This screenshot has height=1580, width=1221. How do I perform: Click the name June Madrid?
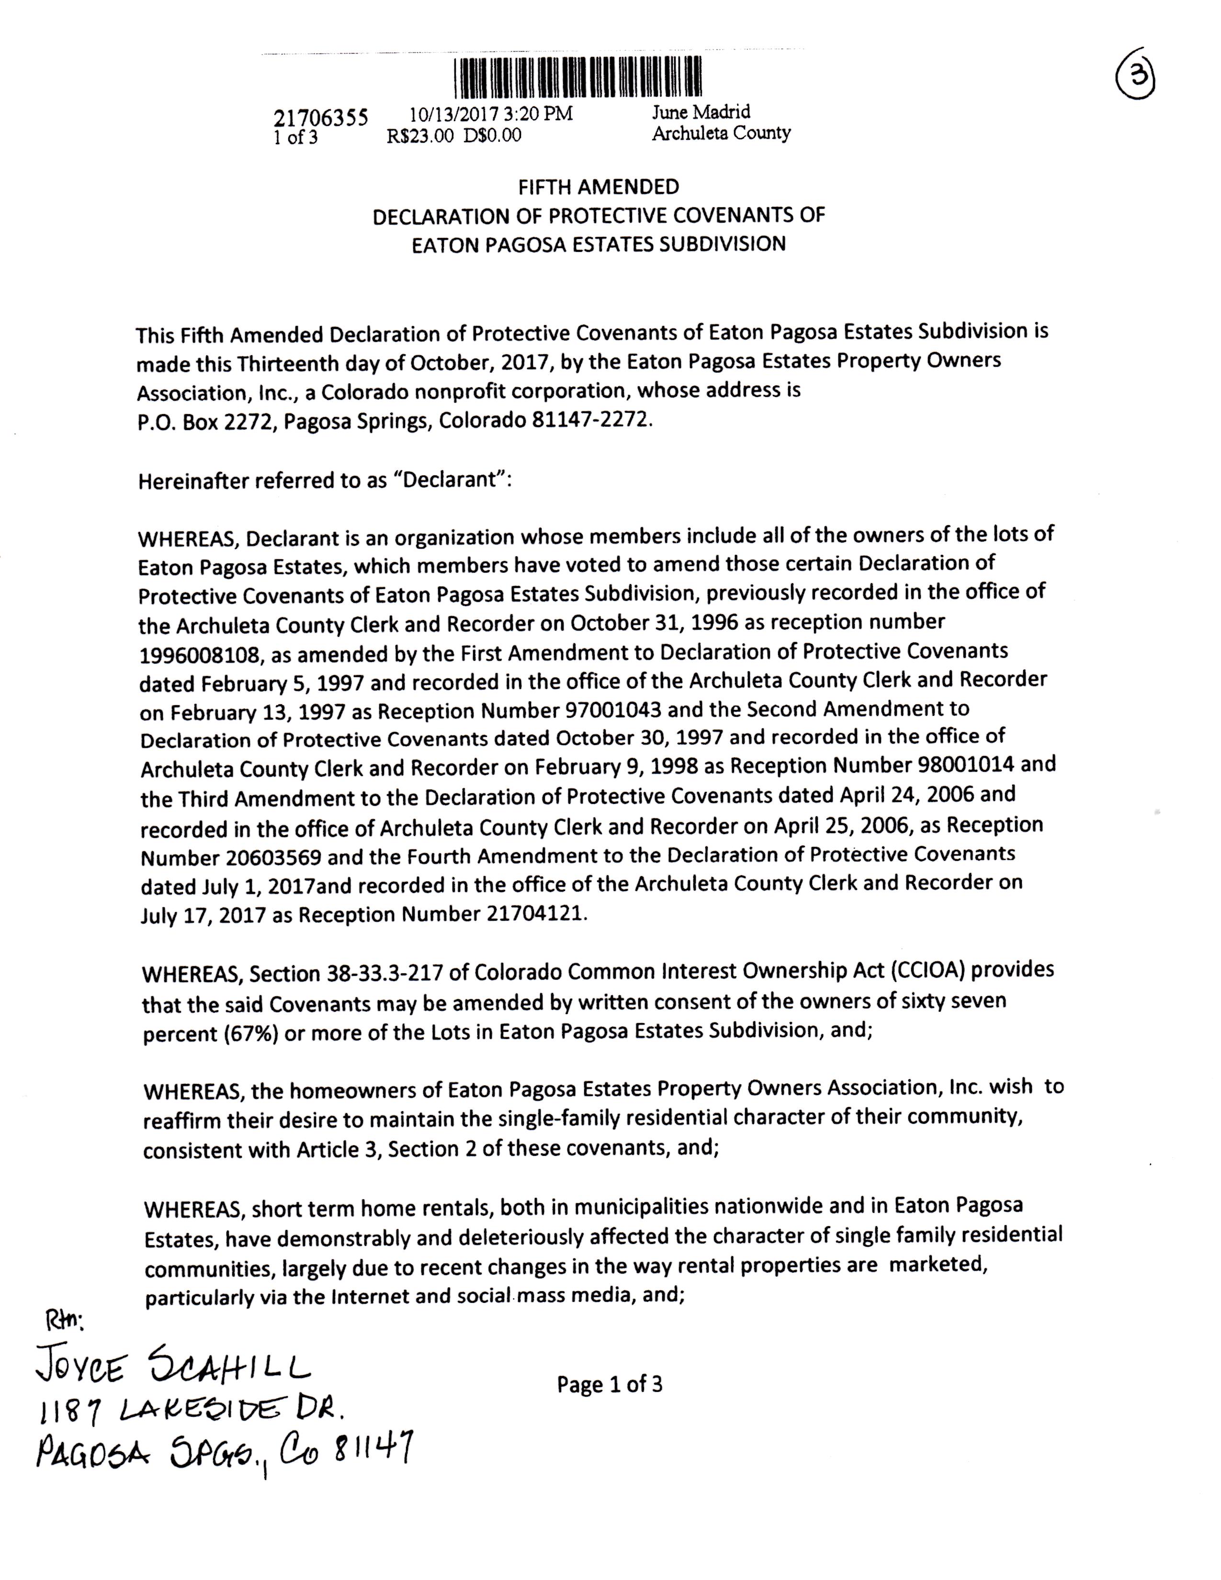(x=701, y=112)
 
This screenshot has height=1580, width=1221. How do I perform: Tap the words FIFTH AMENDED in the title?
(x=598, y=187)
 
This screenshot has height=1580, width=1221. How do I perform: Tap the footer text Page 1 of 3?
(x=609, y=1385)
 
